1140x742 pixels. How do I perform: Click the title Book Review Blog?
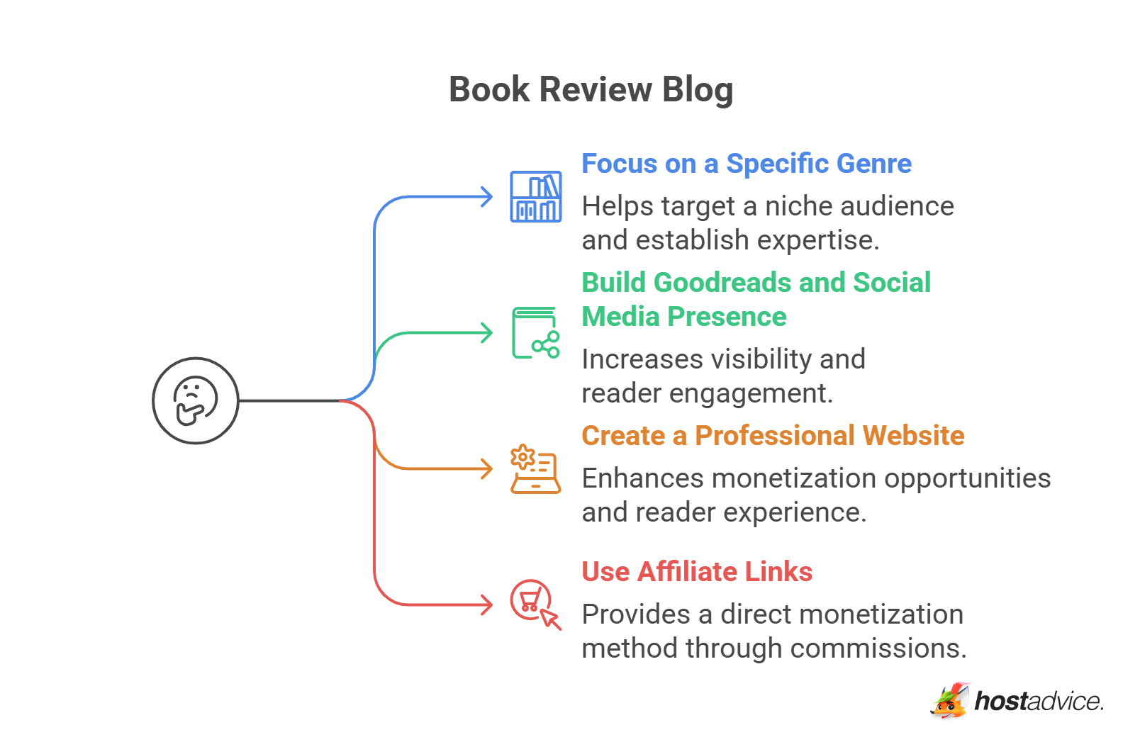(x=591, y=90)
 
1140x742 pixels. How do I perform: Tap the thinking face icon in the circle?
(x=196, y=400)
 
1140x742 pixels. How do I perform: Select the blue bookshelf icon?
(x=536, y=196)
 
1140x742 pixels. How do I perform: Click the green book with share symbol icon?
(x=536, y=333)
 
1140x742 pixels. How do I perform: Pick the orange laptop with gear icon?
(x=535, y=469)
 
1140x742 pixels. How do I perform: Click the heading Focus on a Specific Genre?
(x=746, y=164)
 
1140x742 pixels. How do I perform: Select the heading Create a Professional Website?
(x=772, y=436)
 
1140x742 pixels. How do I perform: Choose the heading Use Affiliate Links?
(x=696, y=572)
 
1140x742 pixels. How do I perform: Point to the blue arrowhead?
(x=487, y=196)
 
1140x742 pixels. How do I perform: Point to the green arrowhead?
(x=487, y=332)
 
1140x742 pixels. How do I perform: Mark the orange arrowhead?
(x=487, y=468)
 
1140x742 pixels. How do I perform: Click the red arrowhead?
(x=487, y=605)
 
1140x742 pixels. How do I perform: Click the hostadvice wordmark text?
(x=1039, y=702)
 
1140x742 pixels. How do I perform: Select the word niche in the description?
(x=798, y=207)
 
